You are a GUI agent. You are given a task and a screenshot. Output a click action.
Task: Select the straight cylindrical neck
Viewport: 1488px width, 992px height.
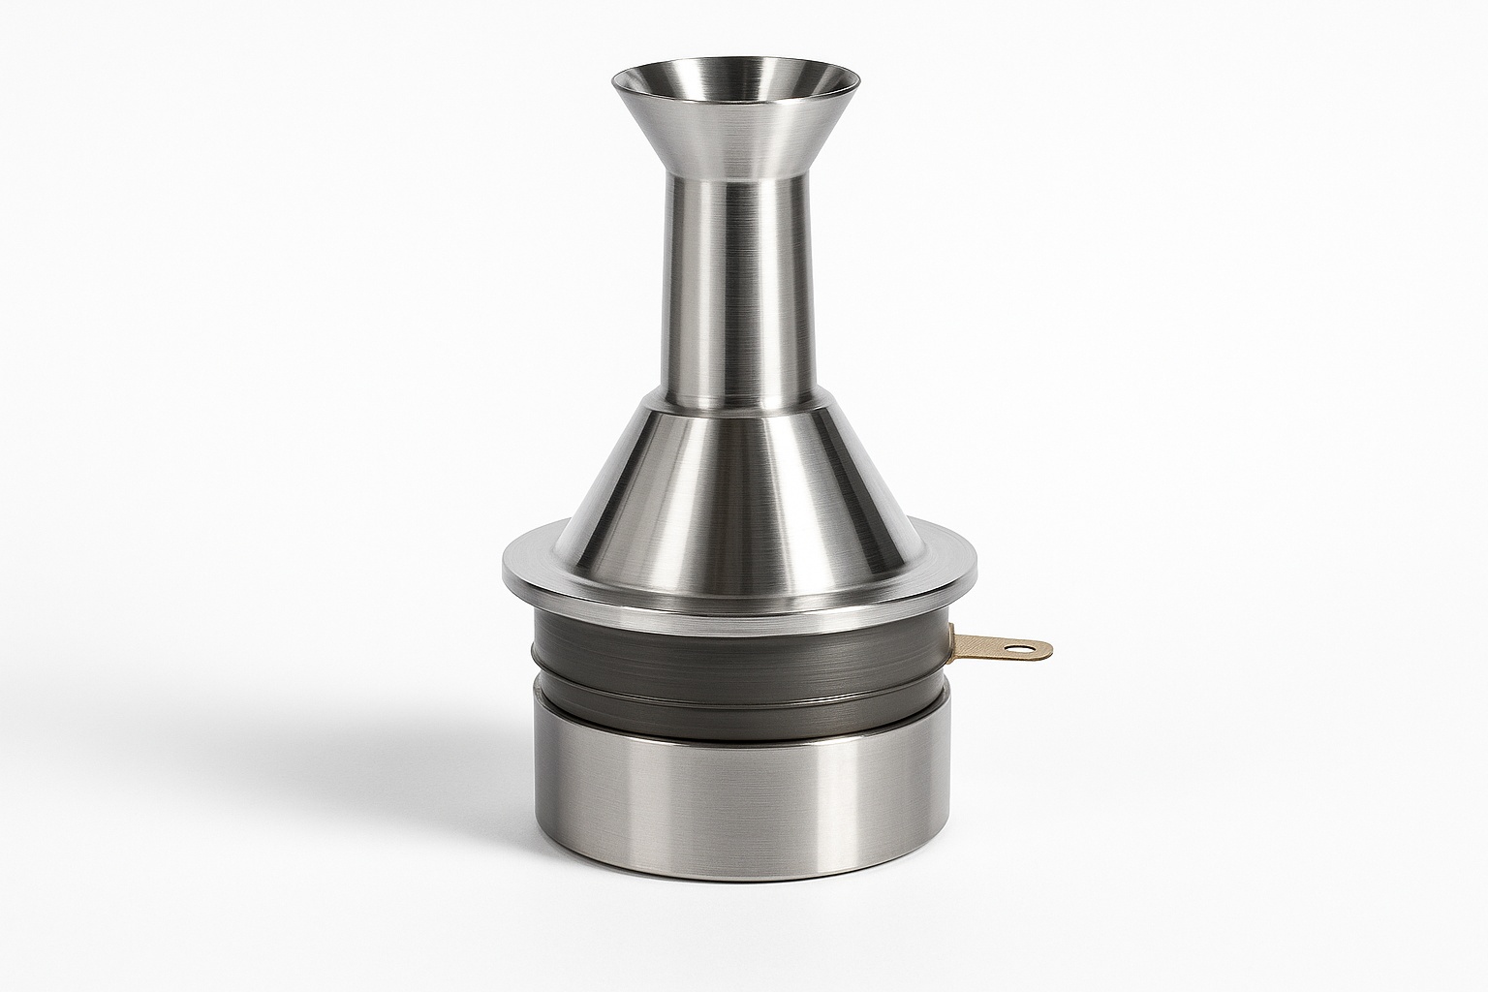(736, 291)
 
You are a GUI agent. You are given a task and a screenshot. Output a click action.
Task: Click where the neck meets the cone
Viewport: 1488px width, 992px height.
(736, 405)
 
